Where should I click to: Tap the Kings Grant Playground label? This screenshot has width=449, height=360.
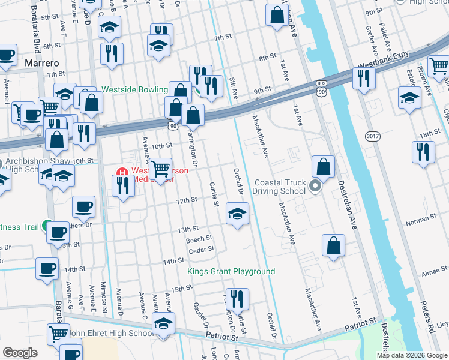231,272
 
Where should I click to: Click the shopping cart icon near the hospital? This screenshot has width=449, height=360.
161,170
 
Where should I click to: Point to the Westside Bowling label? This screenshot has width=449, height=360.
134,89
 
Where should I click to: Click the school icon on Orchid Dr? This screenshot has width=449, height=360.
237,213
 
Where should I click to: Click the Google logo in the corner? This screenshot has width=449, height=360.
20,353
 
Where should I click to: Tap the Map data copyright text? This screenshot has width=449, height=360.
411,355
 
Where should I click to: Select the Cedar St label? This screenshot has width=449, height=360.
201,250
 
